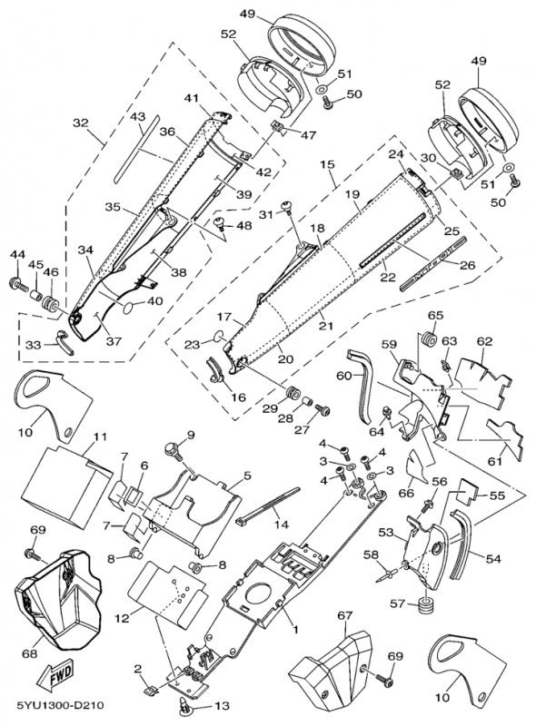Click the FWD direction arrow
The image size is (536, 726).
click(55, 673)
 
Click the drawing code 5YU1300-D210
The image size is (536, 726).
click(60, 706)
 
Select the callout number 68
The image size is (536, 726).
click(30, 654)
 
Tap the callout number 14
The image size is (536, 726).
click(282, 525)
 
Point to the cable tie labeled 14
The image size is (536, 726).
click(269, 505)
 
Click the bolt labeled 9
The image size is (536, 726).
click(174, 450)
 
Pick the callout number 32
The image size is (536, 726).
click(80, 123)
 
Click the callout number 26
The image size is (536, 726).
click(467, 265)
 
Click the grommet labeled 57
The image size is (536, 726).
click(427, 604)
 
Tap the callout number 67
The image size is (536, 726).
click(344, 616)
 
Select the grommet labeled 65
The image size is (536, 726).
click(428, 338)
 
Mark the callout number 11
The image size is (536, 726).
click(100, 437)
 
